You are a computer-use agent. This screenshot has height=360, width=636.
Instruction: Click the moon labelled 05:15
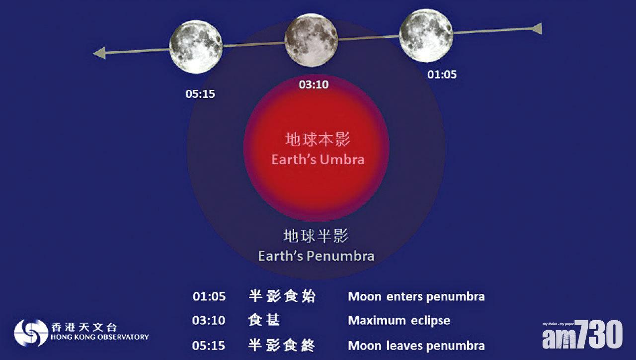tap(196, 47)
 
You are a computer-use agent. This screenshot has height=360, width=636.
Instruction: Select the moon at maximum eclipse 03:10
tap(311, 40)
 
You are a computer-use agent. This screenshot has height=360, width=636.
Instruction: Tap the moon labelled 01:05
tap(426, 35)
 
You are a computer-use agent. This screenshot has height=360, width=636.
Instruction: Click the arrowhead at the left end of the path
tap(99, 53)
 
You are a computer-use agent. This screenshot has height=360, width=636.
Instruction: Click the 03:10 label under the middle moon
tap(314, 85)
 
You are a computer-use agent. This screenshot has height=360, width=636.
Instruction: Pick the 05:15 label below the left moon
tap(200, 93)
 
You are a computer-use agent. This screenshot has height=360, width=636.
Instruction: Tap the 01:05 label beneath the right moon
tap(442, 75)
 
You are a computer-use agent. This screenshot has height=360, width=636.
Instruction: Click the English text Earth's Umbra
tap(318, 160)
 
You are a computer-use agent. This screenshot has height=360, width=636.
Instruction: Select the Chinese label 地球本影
tap(318, 140)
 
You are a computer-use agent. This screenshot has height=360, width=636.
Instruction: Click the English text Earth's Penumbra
tap(316, 256)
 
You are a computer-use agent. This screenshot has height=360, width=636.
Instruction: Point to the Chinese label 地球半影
tap(316, 236)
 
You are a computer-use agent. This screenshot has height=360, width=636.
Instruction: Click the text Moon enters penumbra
tap(416, 297)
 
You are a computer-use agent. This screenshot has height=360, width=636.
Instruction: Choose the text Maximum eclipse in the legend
tap(399, 321)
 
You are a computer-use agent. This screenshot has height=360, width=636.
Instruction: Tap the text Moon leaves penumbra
tap(416, 345)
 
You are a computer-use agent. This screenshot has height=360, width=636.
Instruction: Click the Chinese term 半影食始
tap(282, 296)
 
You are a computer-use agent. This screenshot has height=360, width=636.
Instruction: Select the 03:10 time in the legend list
tap(209, 321)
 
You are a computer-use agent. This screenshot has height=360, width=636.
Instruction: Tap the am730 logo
tap(582, 335)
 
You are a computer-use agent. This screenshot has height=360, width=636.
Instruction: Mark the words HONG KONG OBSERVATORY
tap(99, 337)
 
